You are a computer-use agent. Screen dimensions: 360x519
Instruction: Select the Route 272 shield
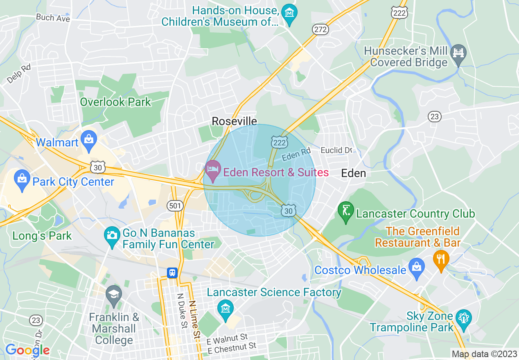(x=320, y=29)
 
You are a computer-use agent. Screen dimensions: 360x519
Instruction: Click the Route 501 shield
(x=175, y=205)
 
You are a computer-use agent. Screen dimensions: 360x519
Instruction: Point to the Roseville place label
(x=234, y=121)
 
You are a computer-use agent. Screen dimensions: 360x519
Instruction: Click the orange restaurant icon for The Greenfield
(x=441, y=259)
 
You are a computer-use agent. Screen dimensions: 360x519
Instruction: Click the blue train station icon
(x=172, y=273)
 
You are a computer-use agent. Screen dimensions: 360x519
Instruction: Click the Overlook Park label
(x=115, y=102)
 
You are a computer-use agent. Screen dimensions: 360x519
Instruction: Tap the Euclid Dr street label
(x=336, y=150)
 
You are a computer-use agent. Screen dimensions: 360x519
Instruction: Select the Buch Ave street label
(x=53, y=18)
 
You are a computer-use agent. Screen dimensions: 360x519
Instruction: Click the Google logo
(x=27, y=350)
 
